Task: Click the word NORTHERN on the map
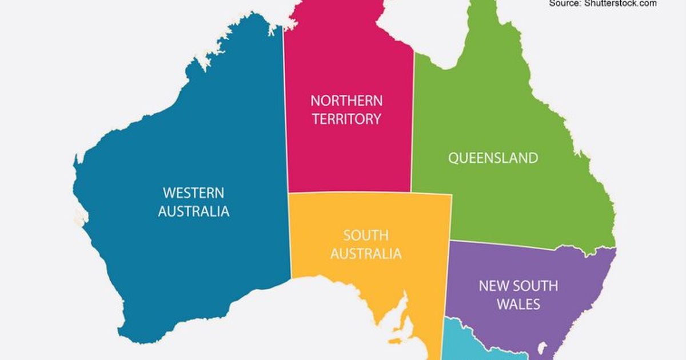coord(346,101)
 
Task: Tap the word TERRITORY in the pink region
coord(346,119)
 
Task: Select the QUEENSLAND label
coord(493,158)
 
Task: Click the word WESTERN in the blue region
coord(193,193)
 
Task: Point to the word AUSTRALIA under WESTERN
coord(193,211)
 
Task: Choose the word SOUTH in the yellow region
coord(366,235)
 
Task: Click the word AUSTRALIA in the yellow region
coord(366,254)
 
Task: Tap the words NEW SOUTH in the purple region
coord(518,286)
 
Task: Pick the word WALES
coord(518,304)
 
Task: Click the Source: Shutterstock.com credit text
coord(603,3)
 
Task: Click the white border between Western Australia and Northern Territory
coord(285,114)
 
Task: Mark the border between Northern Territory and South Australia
coord(349,193)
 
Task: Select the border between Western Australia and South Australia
coord(290,240)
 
